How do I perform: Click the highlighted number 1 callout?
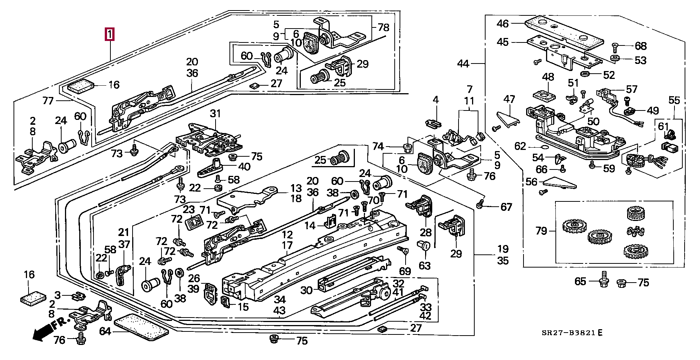[109, 35]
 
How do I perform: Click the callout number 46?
[502, 24]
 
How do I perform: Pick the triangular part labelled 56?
[560, 183]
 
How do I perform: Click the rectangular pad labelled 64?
[141, 327]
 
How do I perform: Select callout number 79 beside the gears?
[541, 230]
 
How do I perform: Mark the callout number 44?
[463, 64]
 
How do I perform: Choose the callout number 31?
[216, 113]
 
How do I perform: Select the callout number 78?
[383, 27]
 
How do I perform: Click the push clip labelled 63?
[424, 246]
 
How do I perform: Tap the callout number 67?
[506, 207]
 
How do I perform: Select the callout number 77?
[48, 100]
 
